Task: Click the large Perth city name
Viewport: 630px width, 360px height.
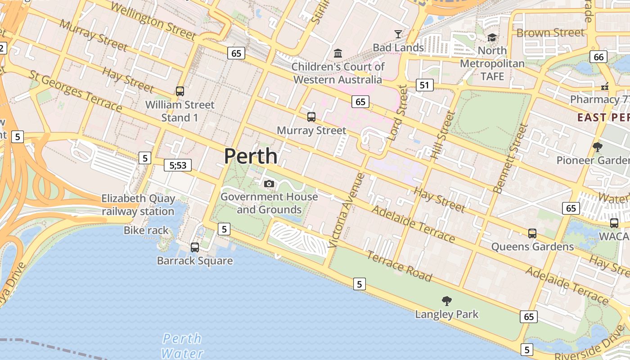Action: coord(251,156)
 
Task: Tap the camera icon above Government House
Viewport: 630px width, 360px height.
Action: coord(269,184)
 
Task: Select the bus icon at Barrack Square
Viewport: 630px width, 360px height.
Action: coord(195,247)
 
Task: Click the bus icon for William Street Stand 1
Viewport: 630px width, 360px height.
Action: coord(180,91)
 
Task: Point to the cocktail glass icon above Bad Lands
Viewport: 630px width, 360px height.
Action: coord(398,34)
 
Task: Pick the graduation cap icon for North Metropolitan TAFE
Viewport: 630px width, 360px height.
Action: coord(492,37)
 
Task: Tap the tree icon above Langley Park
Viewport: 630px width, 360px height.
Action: coord(447,301)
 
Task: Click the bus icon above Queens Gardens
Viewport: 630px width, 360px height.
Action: coord(532,233)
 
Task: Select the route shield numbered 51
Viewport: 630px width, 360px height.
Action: coord(424,85)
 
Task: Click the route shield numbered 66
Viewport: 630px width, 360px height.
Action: coord(599,57)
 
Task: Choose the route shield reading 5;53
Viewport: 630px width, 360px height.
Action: coord(178,165)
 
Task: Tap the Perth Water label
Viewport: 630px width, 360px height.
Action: coord(182,346)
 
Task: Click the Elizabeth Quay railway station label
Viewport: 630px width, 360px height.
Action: coord(138,205)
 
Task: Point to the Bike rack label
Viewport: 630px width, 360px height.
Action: coord(146,230)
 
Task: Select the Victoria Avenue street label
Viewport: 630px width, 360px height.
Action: coord(346,210)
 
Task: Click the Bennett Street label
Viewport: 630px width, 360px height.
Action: coord(510,158)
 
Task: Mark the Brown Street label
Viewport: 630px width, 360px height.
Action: coord(550,32)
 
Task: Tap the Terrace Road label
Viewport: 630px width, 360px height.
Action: coord(399,266)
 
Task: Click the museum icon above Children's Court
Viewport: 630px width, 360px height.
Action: coord(338,54)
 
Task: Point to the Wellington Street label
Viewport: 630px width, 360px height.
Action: coord(153,21)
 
